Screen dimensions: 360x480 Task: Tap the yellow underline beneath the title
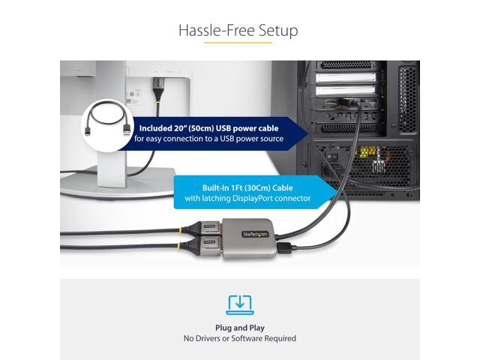tap(238, 43)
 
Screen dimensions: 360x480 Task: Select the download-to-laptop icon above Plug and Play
tap(239, 304)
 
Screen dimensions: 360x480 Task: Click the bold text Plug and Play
tap(239, 328)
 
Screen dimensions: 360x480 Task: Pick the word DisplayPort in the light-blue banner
tap(262, 199)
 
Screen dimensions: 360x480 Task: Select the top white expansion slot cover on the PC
tap(342, 76)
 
